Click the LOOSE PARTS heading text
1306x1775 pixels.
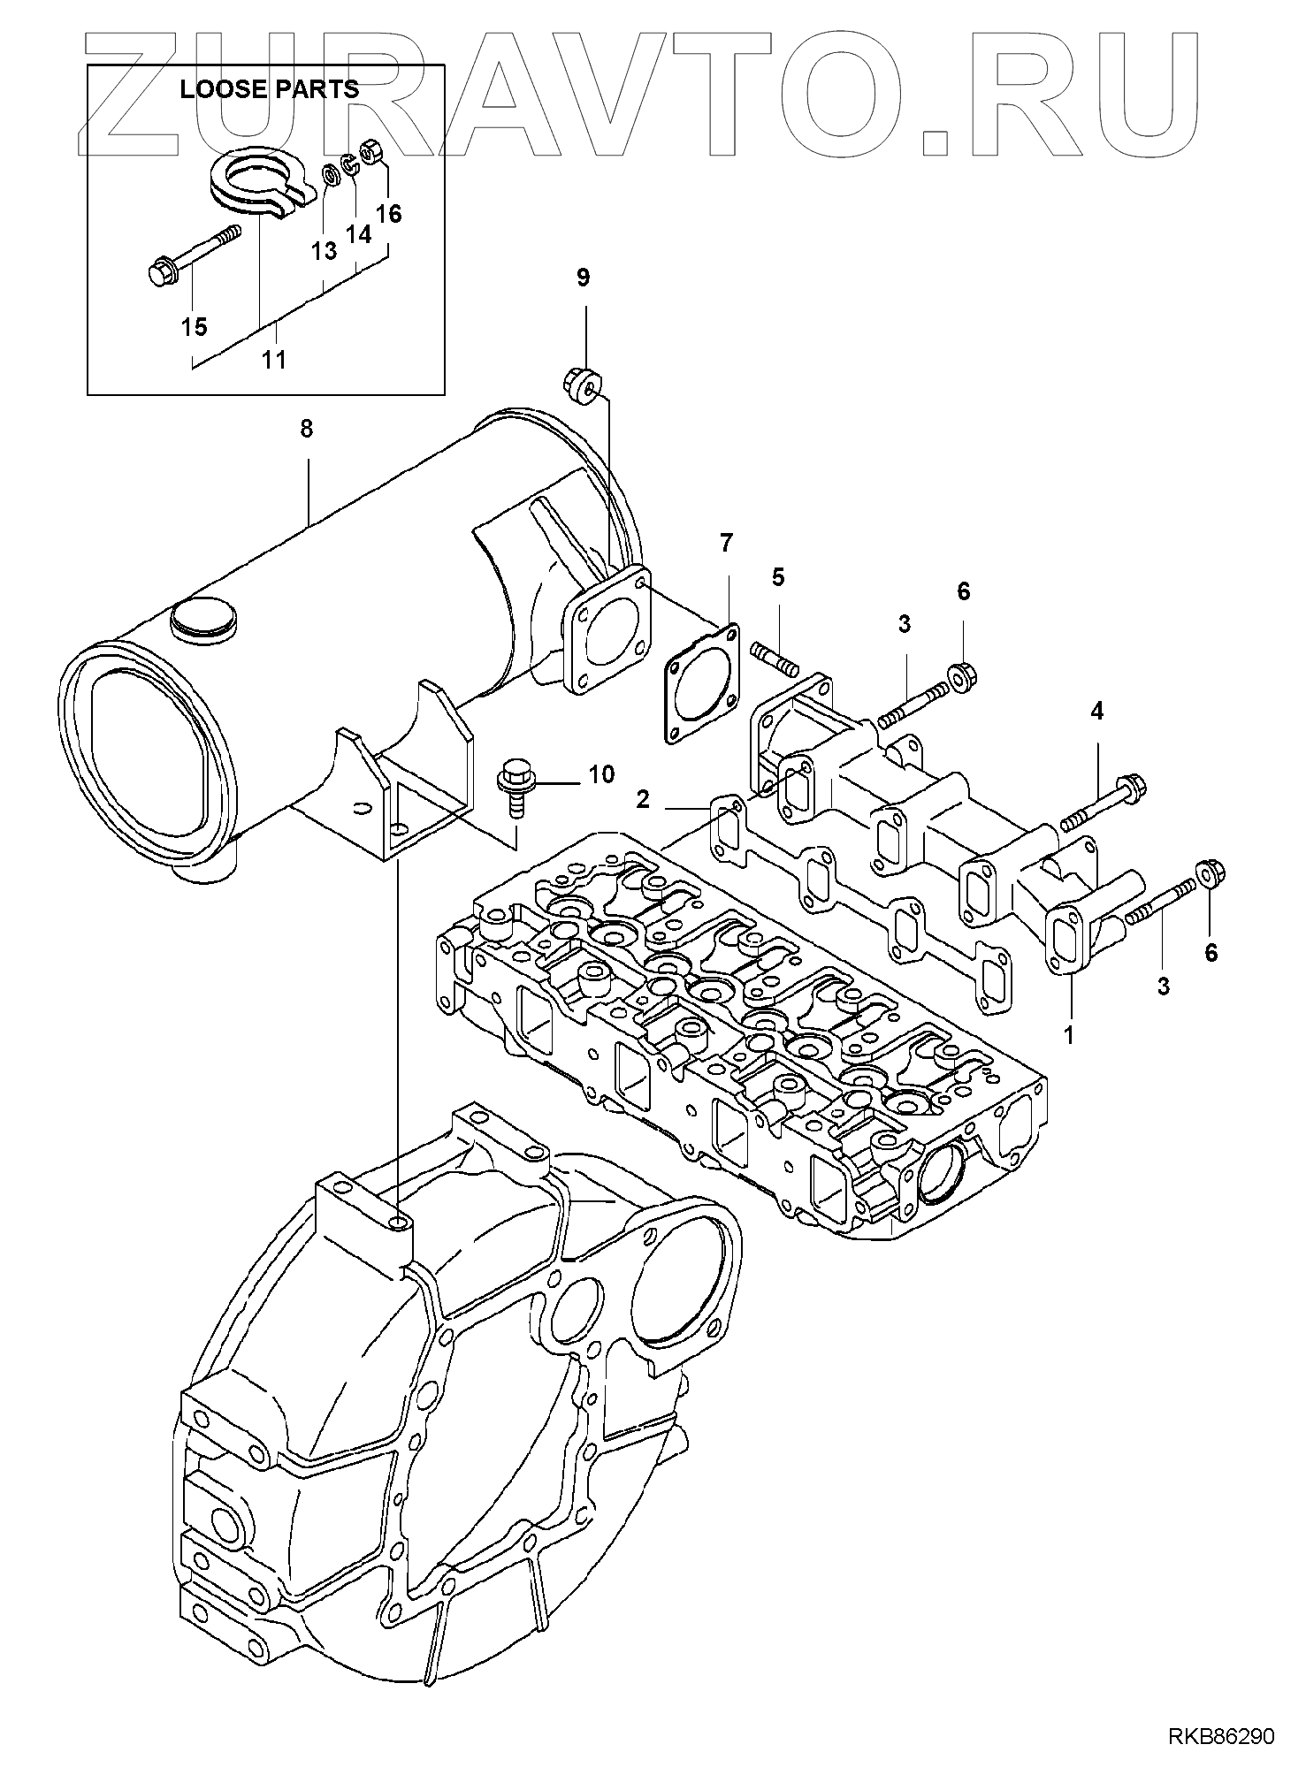point(269,89)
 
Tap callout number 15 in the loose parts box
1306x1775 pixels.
point(195,326)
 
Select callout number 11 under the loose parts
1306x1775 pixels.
point(274,360)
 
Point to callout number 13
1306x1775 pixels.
point(325,251)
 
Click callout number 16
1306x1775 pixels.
point(388,214)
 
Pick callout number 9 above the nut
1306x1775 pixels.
point(583,278)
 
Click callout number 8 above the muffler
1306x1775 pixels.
point(306,430)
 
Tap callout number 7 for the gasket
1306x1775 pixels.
point(726,543)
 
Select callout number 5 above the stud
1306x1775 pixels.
point(777,577)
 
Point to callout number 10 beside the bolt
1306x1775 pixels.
point(600,775)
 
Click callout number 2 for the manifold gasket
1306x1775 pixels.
point(643,799)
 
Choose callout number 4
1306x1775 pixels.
point(1096,711)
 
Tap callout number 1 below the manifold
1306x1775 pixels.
point(1068,1034)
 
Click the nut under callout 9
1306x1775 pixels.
point(581,385)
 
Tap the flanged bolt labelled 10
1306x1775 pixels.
point(512,781)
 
